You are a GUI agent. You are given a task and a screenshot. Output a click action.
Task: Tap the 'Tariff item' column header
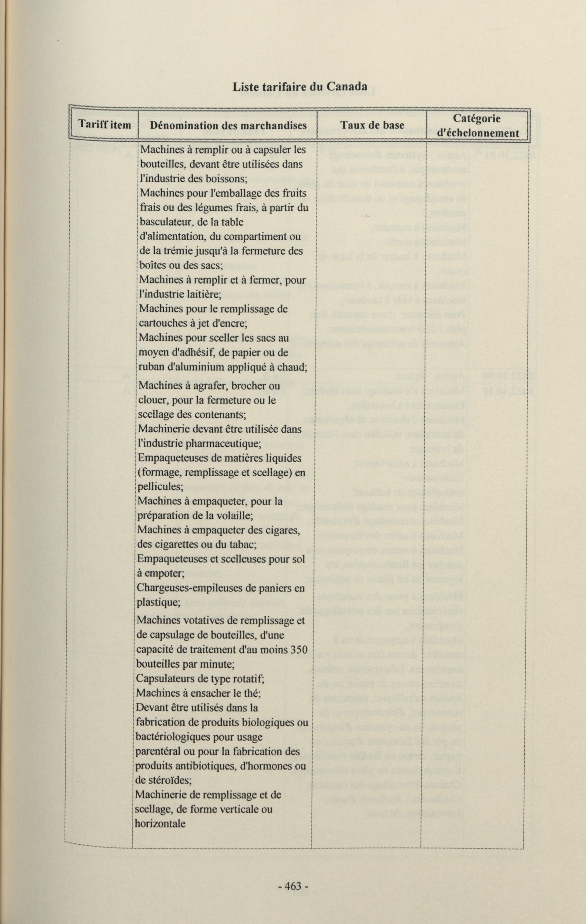[x=105, y=125]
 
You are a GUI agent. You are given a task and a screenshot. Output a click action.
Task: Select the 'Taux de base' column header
[x=372, y=125]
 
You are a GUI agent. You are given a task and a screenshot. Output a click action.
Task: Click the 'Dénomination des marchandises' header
[x=228, y=125]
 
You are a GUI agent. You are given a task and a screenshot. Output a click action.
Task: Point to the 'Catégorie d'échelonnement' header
[x=478, y=125]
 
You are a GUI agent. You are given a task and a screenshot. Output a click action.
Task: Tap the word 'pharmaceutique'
[x=223, y=444]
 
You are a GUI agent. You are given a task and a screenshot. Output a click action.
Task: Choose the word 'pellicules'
[x=159, y=487]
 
